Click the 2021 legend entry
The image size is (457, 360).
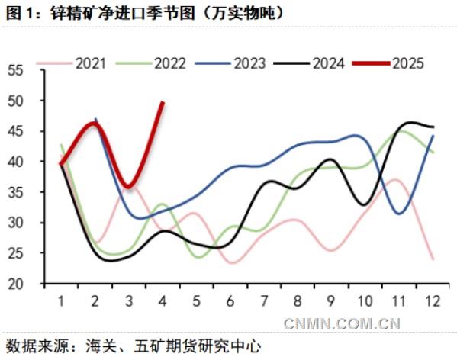click(91, 63)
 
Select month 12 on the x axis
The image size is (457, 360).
click(433, 301)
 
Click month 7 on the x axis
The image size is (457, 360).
click(264, 301)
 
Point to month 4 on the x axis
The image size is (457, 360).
click(163, 301)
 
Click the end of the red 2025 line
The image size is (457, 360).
click(163, 102)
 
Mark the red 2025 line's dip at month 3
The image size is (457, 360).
click(128, 187)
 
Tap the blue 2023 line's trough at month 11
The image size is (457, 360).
click(400, 214)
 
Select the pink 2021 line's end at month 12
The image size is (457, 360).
click(433, 259)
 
